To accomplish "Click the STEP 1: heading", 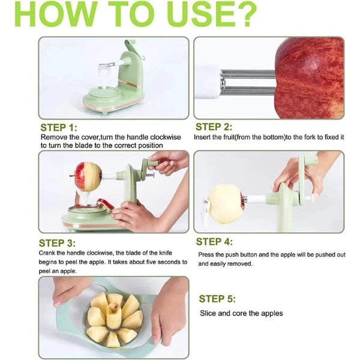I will pyautogui.click(x=59, y=128).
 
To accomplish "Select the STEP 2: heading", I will pyautogui.click(x=213, y=127).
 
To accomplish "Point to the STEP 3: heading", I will pyautogui.click(x=58, y=243).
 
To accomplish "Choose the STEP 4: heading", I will pyautogui.click(x=214, y=242).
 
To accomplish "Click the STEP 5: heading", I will pyautogui.click(x=217, y=299).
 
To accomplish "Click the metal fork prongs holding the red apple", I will pyautogui.click(x=248, y=83).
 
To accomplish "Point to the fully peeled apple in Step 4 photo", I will pyautogui.click(x=225, y=203).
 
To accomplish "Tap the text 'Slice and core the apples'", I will pyautogui.click(x=241, y=313).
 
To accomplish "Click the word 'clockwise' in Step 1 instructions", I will pyautogui.click(x=162, y=137).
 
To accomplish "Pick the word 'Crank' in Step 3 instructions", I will pyautogui.click(x=49, y=253).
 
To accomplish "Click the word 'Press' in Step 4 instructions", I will pyautogui.click(x=207, y=254).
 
